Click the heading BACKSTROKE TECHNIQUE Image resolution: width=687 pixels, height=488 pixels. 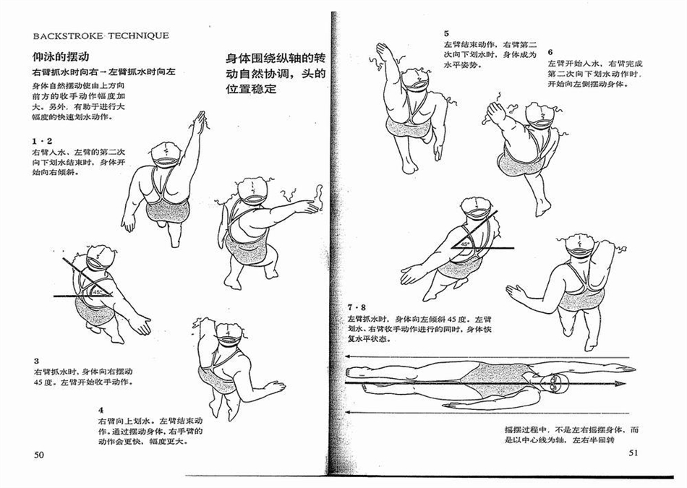pyautogui.click(x=101, y=36)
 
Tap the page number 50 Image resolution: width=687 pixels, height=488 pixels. pyautogui.click(x=39, y=455)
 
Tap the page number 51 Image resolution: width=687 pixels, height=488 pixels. pyautogui.click(x=633, y=453)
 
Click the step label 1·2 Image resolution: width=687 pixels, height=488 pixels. pyautogui.click(x=42, y=141)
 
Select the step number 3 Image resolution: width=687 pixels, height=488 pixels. pyautogui.click(x=36, y=361)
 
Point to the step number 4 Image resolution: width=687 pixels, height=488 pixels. pyautogui.click(x=101, y=411)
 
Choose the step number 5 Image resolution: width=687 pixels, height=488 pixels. pyautogui.click(x=446, y=33)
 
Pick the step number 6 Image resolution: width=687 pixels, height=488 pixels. pyautogui.click(x=550, y=53)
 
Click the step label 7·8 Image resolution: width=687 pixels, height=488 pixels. pyautogui.click(x=357, y=307)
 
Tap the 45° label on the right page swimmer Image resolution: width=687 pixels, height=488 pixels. pyautogui.click(x=464, y=244)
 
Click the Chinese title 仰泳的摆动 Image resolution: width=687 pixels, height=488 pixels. pyautogui.click(x=61, y=56)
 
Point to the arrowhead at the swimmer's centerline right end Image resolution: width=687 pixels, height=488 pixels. pyautogui.click(x=621, y=384)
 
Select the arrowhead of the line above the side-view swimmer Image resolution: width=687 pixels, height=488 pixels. pyautogui.click(x=349, y=356)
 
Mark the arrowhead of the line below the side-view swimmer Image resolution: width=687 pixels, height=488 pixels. pyautogui.click(x=349, y=412)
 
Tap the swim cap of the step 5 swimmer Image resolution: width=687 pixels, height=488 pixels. pyautogui.click(x=415, y=78)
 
